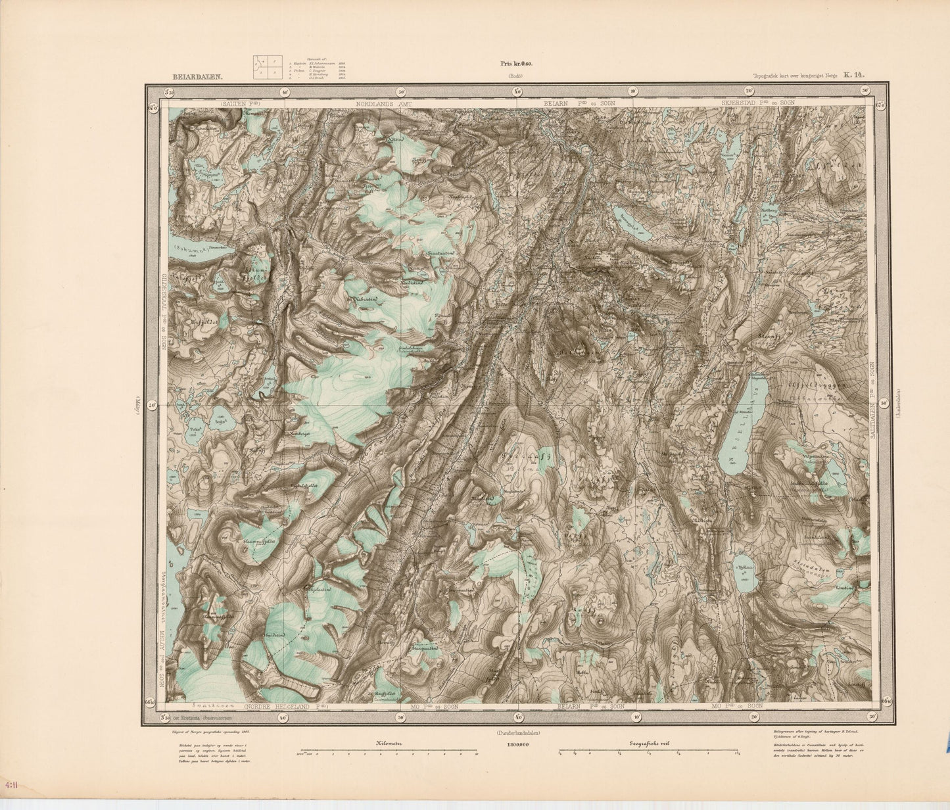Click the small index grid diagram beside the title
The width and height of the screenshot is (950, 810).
[x=268, y=67]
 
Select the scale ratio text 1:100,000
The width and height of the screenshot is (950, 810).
[x=519, y=744]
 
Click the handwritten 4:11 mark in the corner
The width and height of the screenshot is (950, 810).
[x=11, y=785]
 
